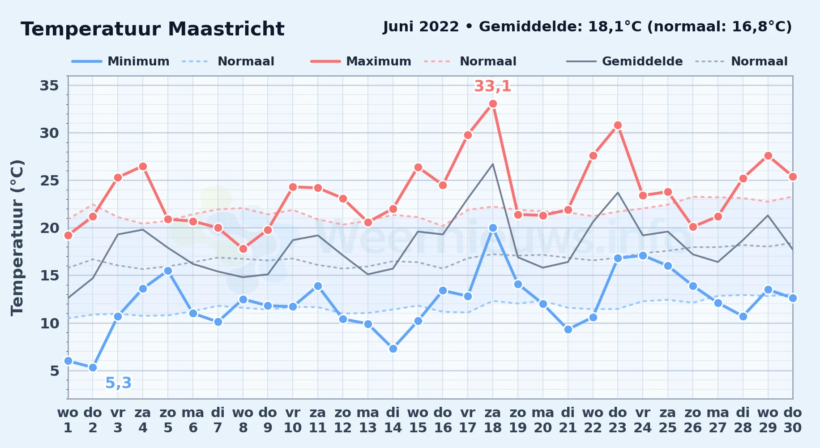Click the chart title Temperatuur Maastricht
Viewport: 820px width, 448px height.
(x=153, y=29)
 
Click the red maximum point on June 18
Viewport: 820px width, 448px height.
(x=493, y=104)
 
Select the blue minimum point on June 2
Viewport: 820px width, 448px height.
(x=93, y=367)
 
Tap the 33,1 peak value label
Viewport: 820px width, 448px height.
(x=492, y=86)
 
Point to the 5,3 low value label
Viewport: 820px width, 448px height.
(x=119, y=383)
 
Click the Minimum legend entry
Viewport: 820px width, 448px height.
(x=121, y=61)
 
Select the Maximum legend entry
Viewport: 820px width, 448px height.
(x=361, y=61)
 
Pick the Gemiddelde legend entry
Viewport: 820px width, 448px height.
(x=625, y=61)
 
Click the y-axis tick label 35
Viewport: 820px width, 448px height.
(x=49, y=85)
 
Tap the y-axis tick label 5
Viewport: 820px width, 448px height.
(x=55, y=371)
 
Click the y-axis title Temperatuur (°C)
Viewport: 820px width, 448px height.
(x=17, y=237)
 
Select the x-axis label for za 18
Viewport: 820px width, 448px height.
(x=493, y=420)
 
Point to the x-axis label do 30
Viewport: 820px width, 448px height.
(x=792, y=420)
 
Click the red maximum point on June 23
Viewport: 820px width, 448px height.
(x=618, y=125)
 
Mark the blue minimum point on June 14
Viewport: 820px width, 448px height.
(x=393, y=349)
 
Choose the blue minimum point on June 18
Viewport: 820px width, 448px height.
(x=493, y=228)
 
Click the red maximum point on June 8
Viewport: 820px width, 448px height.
(x=243, y=249)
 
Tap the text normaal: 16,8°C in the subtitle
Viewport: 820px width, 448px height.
(x=719, y=27)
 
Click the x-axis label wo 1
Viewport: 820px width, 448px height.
(x=68, y=420)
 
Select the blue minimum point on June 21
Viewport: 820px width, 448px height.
(x=568, y=329)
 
